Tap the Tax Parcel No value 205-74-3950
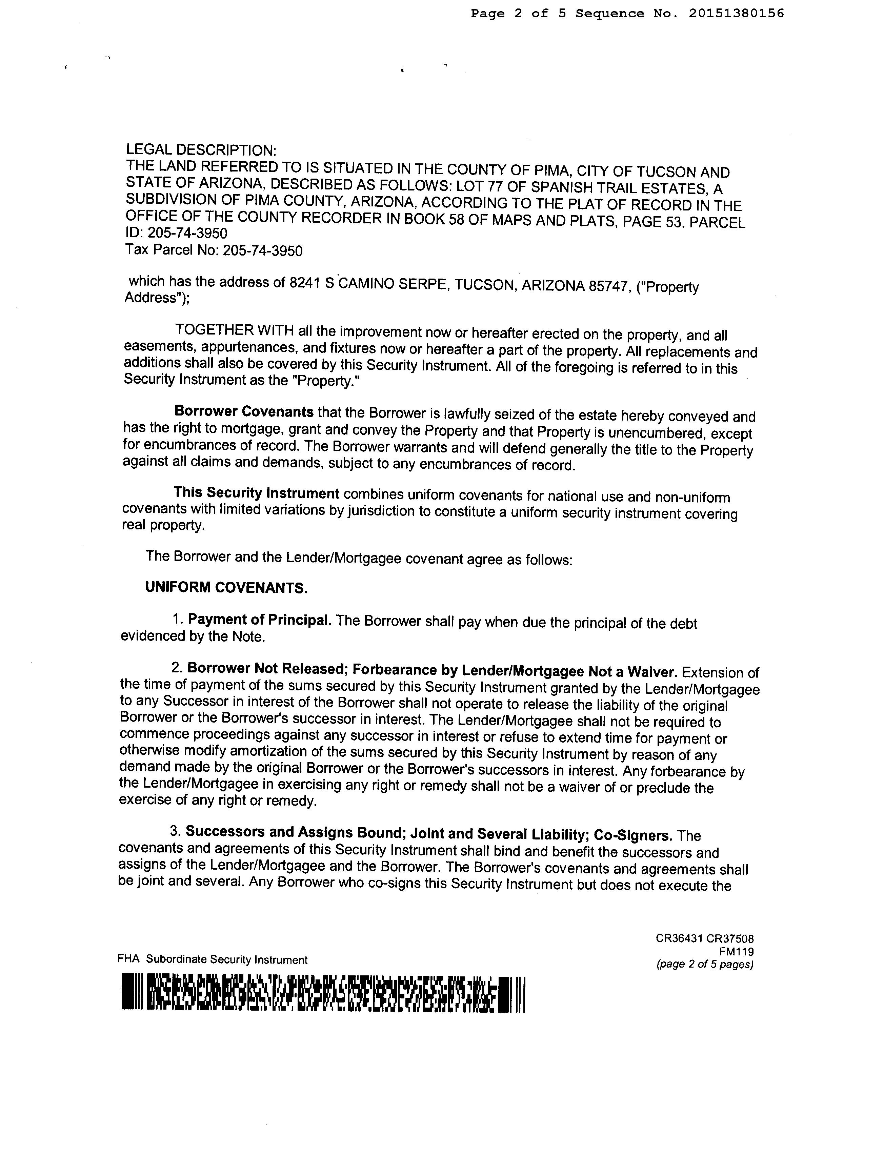pyautogui.click(x=263, y=250)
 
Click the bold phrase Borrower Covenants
pyautogui.click(x=244, y=411)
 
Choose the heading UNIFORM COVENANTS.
pyautogui.click(x=226, y=587)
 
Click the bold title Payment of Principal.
pyautogui.click(x=259, y=620)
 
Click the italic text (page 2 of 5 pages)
pyautogui.click(x=705, y=965)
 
